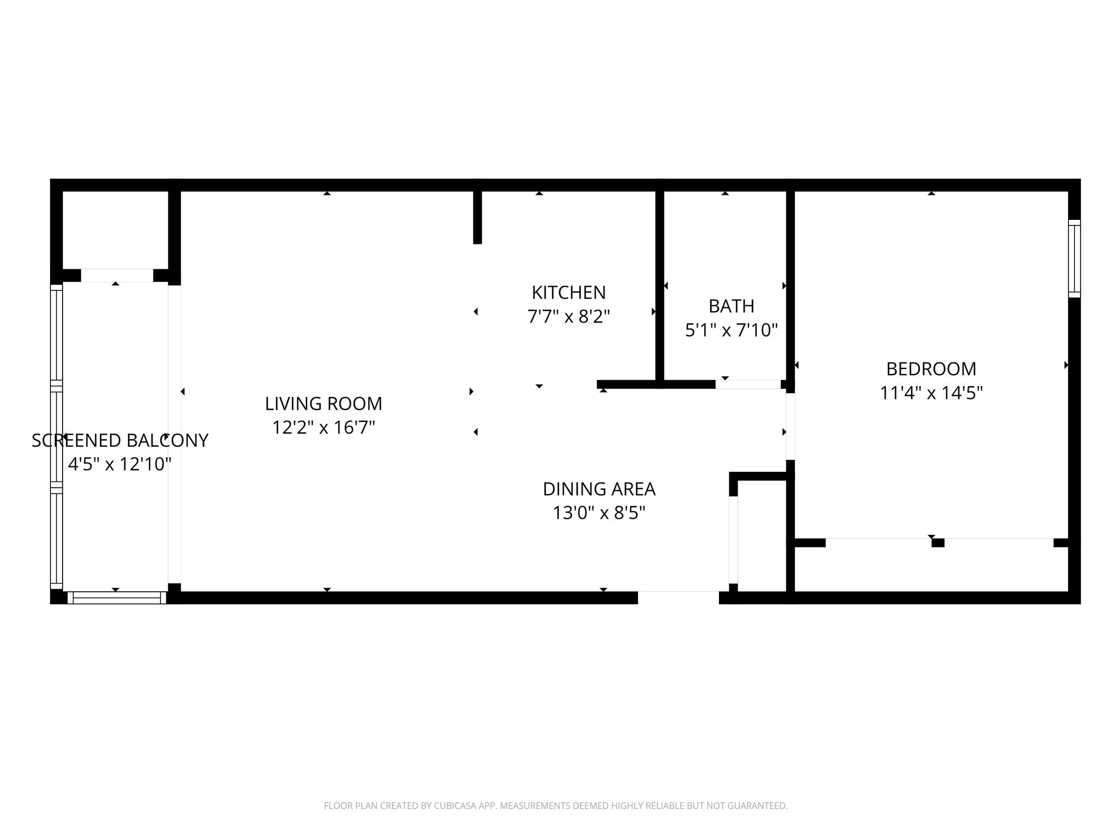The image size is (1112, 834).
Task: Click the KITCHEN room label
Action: [568, 293]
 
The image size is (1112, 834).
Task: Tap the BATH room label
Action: [731, 306]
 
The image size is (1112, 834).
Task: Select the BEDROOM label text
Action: [931, 369]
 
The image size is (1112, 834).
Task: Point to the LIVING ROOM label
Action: [324, 404]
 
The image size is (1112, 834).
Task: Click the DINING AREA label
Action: [599, 489]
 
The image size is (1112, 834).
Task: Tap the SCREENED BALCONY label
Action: [120, 440]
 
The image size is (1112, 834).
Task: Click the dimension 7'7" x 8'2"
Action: [568, 316]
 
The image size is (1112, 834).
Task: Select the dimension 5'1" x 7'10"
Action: [731, 330]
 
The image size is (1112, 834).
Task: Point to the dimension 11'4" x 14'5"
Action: [931, 393]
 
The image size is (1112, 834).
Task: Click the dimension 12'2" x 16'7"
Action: [324, 427]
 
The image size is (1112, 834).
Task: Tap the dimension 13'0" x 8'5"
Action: [599, 513]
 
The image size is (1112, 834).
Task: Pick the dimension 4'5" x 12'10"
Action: [120, 464]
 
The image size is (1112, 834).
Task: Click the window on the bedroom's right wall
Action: [1074, 258]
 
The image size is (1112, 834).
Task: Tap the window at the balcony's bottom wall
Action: [117, 597]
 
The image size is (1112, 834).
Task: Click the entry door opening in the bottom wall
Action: [678, 597]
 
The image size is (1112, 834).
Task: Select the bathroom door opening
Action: [748, 384]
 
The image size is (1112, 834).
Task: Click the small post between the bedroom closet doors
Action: [938, 542]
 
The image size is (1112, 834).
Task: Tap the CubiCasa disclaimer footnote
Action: [555, 806]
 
